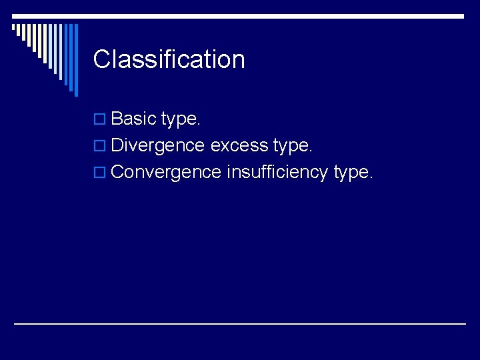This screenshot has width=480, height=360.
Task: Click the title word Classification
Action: coord(169,59)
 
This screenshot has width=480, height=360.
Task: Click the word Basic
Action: coord(134,119)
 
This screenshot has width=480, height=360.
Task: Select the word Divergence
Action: coord(158,146)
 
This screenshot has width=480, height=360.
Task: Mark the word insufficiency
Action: coord(277,172)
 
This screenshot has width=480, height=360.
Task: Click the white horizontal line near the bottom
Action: coord(240,323)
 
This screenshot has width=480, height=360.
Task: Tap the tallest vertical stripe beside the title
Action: coord(75,60)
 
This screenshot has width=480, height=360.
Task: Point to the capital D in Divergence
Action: coord(118,146)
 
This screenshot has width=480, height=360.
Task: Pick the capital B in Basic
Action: coord(118,119)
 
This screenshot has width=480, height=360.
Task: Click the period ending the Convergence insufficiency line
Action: coord(372,178)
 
